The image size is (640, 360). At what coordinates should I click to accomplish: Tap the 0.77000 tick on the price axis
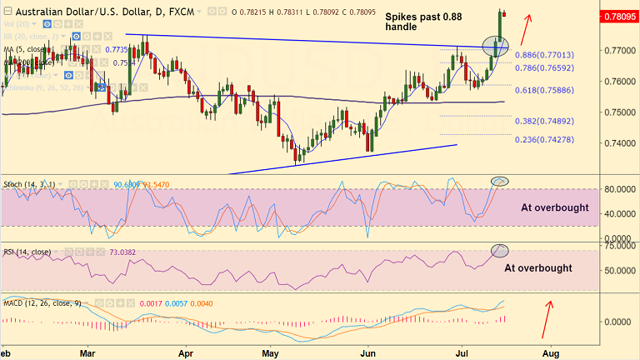[618, 51]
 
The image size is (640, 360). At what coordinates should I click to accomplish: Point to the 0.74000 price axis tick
[618, 143]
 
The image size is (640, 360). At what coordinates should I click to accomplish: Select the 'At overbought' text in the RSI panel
[537, 268]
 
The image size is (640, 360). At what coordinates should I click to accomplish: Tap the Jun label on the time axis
[367, 352]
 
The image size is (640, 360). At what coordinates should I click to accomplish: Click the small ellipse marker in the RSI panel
[500, 250]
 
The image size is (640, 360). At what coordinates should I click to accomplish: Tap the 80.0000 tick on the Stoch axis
[618, 189]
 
